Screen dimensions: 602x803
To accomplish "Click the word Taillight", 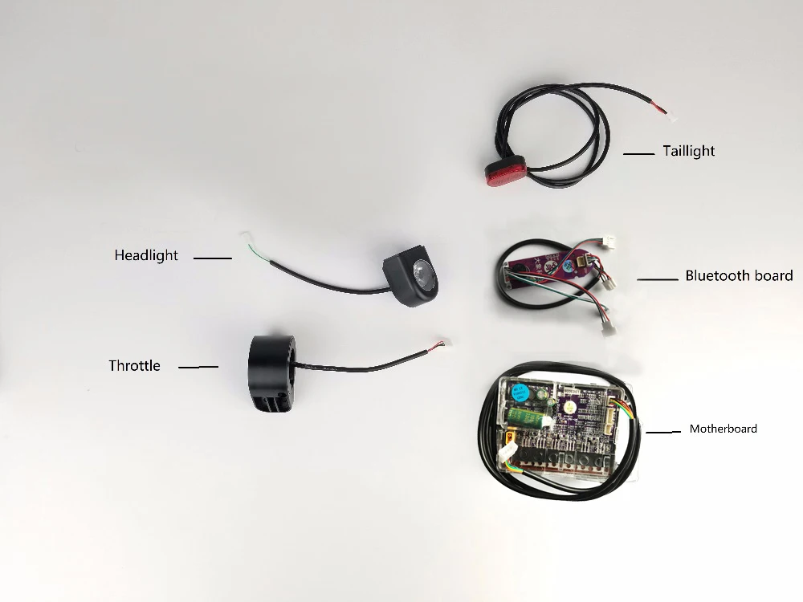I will coord(688,151).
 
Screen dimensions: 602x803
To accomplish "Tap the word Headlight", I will coord(146,255).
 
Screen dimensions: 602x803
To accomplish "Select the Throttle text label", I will coord(134,366).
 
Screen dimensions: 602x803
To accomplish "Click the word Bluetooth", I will coord(715,276).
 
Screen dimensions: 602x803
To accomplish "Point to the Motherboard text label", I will coord(723,429).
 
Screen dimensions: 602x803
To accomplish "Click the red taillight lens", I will coord(502,171).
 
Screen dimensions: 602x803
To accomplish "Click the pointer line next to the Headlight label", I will coord(212,258).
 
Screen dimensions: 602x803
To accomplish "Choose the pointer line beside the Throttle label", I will coord(198,367).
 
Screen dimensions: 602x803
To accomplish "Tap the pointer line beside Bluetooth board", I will coord(658,279).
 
